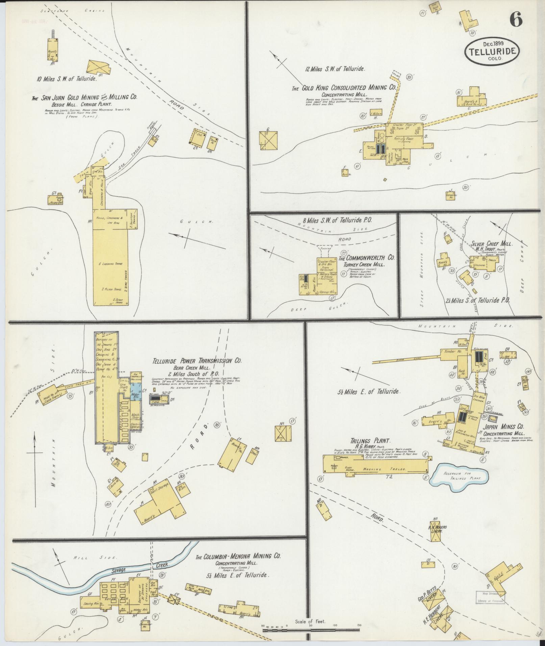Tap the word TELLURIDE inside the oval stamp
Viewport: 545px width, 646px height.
click(x=492, y=51)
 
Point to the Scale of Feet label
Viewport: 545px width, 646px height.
click(x=310, y=621)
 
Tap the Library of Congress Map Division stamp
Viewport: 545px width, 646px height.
click(x=490, y=598)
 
